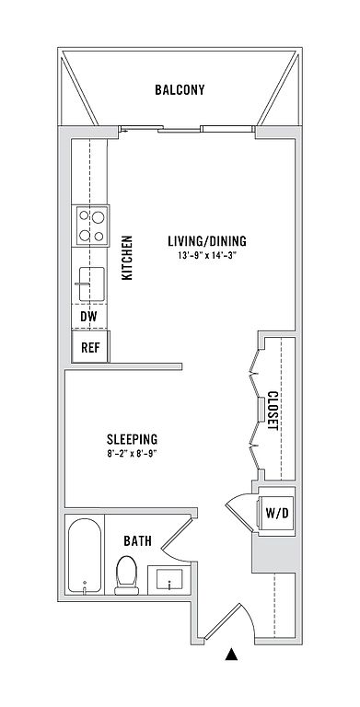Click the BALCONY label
coord(180,89)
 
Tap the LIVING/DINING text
coord(207,241)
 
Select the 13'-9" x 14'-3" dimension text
coord(207,256)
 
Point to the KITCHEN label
coord(128,258)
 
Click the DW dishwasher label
coord(89,317)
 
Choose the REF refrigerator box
coord(90,346)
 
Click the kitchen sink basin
coord(91,284)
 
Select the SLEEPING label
coord(132,439)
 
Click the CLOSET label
coord(273,410)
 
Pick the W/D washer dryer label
coord(276,513)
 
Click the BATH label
coord(137,540)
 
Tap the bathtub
coord(85,556)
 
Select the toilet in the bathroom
coord(126,575)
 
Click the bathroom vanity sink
coord(168,579)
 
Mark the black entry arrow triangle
coord(231,655)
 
